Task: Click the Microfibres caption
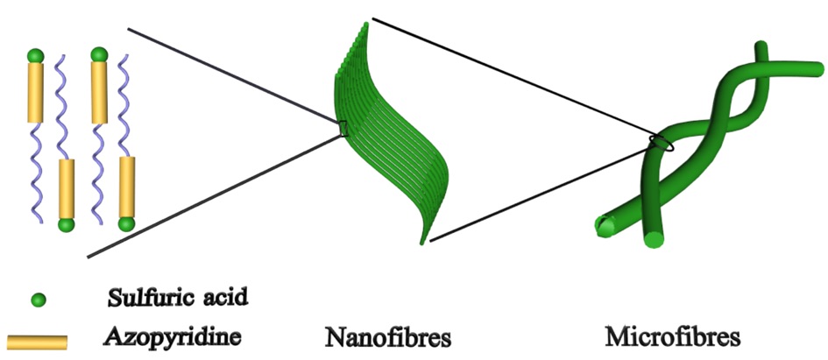tap(672, 336)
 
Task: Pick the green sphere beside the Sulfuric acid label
tap(38, 300)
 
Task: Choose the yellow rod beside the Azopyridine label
tap(37, 342)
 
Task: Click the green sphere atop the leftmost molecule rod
tap(35, 55)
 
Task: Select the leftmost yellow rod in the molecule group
tap(35, 92)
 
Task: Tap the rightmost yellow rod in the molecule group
tap(127, 187)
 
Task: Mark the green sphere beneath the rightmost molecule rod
tap(127, 224)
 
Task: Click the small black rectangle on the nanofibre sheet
tap(343, 129)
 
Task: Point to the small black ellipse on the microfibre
tap(662, 143)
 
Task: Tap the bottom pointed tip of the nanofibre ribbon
tap(422, 244)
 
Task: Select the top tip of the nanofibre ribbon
tap(365, 25)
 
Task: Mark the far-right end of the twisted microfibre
tap(818, 69)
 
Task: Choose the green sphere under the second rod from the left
tap(66, 225)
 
